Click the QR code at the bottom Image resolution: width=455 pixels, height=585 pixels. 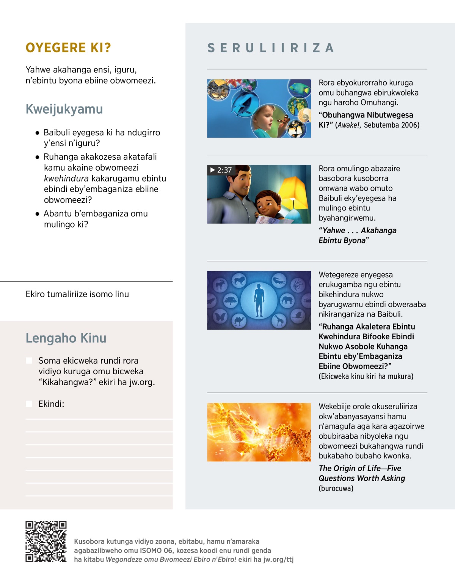click(x=46, y=541)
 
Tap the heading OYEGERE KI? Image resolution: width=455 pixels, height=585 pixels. click(x=68, y=48)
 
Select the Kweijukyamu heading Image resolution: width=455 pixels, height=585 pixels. click(x=64, y=109)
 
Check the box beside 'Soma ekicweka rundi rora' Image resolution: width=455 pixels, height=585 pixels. click(x=29, y=361)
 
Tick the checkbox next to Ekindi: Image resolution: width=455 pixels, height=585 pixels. click(x=29, y=404)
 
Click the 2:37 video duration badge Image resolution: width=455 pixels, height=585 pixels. click(x=221, y=170)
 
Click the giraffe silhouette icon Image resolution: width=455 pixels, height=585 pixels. click(x=279, y=321)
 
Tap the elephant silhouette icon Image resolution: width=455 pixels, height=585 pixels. click(x=287, y=301)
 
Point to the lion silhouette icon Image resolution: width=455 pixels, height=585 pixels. click(x=239, y=281)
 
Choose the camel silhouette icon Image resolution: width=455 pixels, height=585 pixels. click(x=239, y=321)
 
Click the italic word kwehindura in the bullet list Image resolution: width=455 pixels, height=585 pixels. click(x=66, y=179)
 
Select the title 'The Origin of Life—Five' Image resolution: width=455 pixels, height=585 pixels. click(x=359, y=468)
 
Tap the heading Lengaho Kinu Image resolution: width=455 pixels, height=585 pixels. click(x=66, y=338)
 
